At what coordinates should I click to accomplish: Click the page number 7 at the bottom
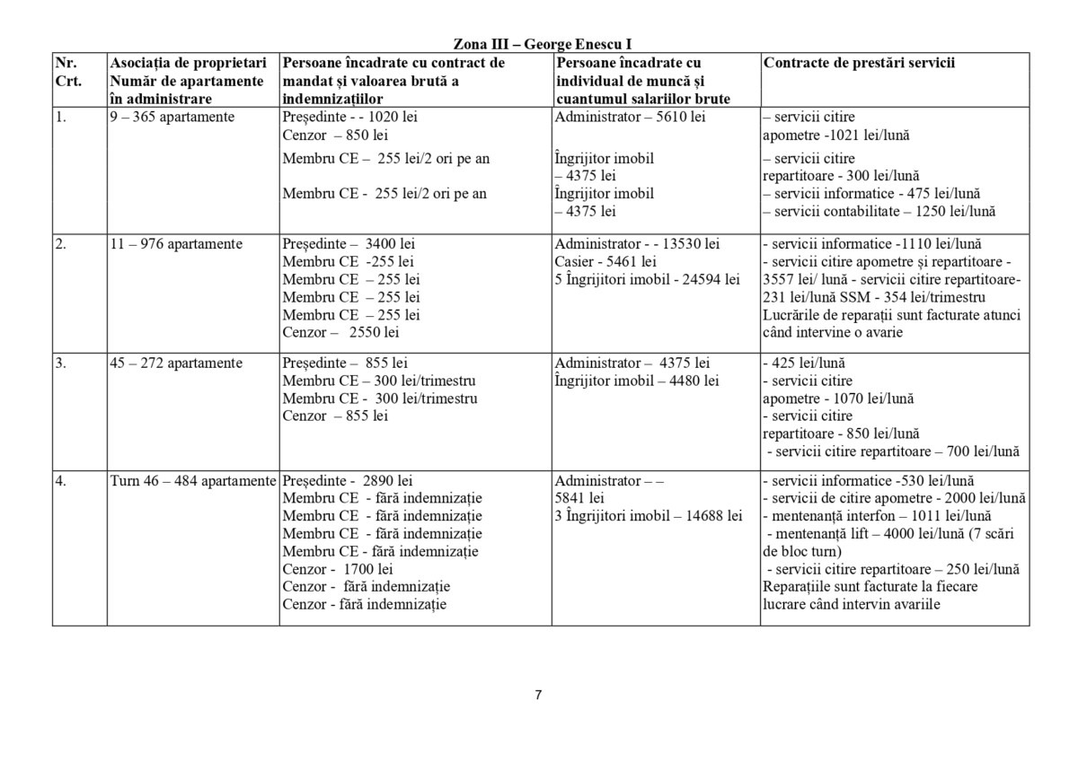coord(538,695)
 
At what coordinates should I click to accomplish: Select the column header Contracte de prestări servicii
coord(858,63)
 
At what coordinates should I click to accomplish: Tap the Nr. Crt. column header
coord(68,72)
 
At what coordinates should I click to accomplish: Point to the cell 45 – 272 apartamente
coord(175,363)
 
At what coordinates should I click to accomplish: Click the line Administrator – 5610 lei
coord(629,118)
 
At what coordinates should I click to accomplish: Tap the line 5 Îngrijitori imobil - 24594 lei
coord(647,279)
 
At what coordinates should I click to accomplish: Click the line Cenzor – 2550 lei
coord(340,332)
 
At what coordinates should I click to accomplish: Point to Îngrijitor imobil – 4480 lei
coord(636,381)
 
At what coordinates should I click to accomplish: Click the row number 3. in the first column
coord(60,363)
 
